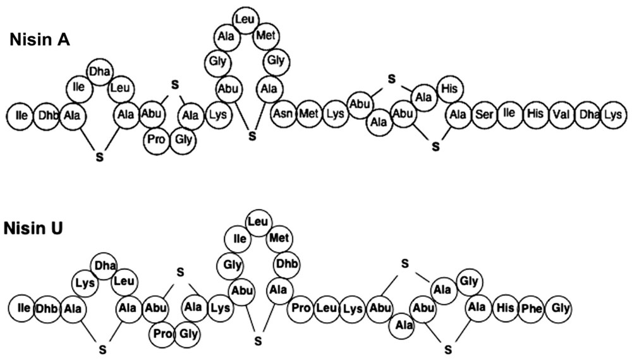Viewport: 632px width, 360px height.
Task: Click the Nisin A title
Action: (x=39, y=40)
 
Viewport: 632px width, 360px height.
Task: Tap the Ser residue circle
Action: (x=484, y=114)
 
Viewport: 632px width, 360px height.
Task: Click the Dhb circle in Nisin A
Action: (x=48, y=115)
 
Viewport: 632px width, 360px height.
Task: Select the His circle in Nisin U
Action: (x=504, y=309)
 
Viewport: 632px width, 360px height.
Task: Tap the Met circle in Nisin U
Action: (x=279, y=238)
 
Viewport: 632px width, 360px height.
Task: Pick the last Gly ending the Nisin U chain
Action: (x=558, y=309)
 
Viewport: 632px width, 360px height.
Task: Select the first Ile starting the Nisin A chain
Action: (x=21, y=115)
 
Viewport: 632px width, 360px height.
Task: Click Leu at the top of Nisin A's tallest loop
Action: (x=245, y=20)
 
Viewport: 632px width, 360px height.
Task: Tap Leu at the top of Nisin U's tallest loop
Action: (x=257, y=222)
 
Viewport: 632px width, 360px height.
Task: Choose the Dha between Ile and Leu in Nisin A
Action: (x=99, y=71)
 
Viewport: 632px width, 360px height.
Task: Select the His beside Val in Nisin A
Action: (x=535, y=114)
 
